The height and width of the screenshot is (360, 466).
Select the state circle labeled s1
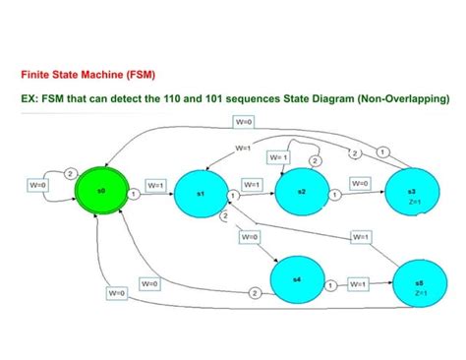tap(199, 195)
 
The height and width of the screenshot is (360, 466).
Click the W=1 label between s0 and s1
tap(156, 184)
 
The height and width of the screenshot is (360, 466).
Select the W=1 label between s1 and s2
tap(252, 184)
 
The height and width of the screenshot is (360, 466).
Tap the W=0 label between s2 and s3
tap(360, 183)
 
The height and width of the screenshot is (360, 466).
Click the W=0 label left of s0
tap(37, 184)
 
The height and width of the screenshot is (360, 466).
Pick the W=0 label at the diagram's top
tap(244, 121)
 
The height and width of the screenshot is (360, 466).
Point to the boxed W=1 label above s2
tap(278, 157)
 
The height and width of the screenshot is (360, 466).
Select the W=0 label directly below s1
tap(250, 237)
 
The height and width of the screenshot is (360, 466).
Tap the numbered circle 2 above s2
tap(315, 160)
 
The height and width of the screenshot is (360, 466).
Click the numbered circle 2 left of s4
tap(254, 293)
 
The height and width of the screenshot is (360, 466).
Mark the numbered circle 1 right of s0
tap(132, 195)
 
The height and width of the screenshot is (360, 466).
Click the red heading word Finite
tap(37, 73)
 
